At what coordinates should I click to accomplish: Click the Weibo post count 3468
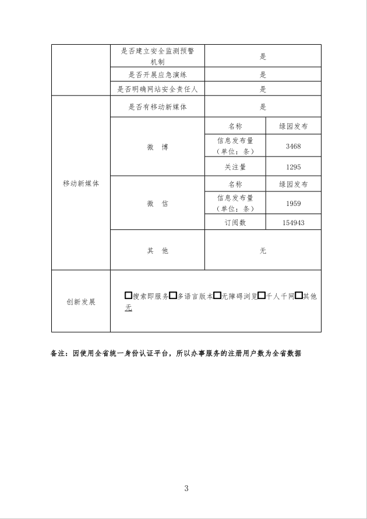(293, 146)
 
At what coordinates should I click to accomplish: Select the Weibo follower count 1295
(293, 167)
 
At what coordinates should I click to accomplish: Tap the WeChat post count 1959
(293, 204)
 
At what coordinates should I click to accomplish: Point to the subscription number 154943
(293, 223)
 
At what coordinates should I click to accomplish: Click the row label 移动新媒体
(81, 183)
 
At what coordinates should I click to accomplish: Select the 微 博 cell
(157, 147)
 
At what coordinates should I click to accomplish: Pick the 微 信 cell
(157, 203)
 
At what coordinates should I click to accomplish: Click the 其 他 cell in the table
(157, 250)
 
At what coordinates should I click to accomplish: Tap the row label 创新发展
(81, 302)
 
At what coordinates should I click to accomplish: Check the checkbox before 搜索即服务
(128, 296)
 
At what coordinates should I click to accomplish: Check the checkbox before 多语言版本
(173, 296)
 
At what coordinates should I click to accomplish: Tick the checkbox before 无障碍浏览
(217, 296)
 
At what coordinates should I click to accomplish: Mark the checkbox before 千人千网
(262, 296)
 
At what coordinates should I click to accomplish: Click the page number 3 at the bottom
(186, 488)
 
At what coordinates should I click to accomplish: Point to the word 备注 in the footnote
(59, 353)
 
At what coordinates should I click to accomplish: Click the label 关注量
(235, 167)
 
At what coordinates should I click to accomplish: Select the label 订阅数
(235, 223)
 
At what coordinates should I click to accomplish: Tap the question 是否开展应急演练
(157, 74)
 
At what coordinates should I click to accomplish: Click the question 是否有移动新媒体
(157, 107)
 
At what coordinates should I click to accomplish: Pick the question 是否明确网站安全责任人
(157, 89)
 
